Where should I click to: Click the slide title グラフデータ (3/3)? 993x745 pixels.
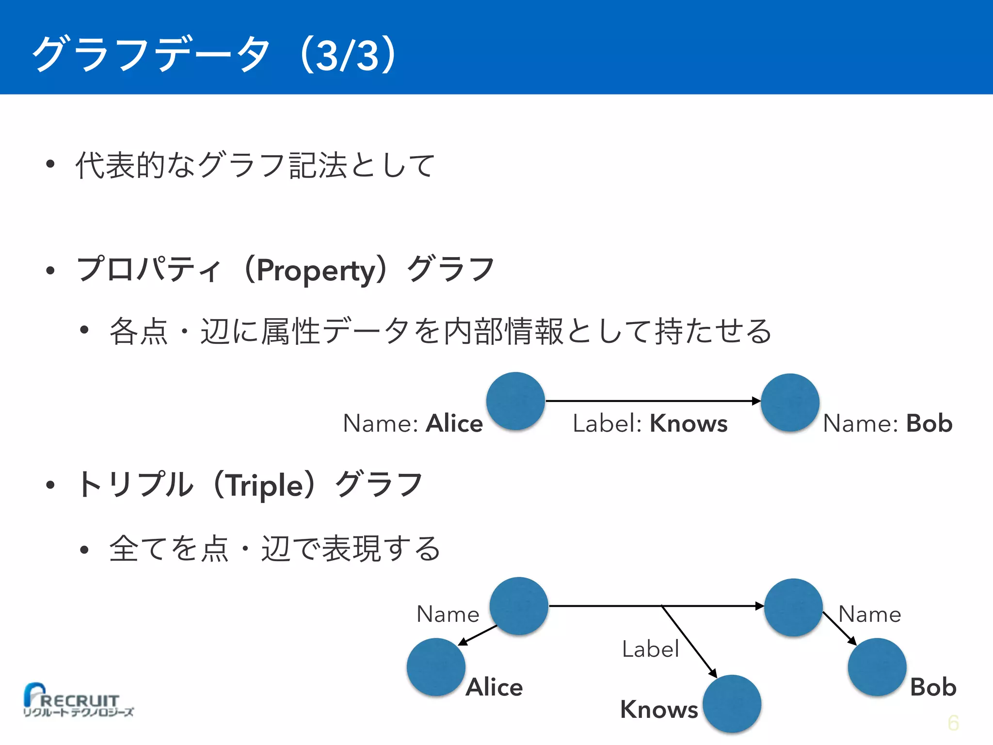(x=216, y=54)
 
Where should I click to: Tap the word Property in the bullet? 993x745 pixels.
(x=316, y=271)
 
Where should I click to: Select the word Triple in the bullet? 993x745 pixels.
(x=265, y=485)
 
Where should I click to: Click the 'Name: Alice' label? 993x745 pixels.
(x=413, y=423)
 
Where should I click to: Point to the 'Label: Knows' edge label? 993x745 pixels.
(x=650, y=423)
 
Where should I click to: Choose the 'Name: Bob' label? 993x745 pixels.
(x=887, y=423)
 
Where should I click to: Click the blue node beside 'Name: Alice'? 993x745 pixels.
(x=515, y=401)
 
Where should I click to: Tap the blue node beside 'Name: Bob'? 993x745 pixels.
(x=790, y=402)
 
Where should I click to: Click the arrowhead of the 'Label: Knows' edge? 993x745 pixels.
(x=756, y=401)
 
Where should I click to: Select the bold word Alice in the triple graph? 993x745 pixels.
(x=494, y=687)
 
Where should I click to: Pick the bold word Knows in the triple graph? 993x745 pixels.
(x=659, y=710)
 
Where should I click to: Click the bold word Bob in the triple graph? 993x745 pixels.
(x=933, y=687)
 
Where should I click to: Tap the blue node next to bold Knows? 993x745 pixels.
(x=732, y=704)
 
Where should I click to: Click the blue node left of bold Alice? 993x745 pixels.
(x=436, y=667)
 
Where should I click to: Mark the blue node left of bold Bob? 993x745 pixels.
(x=877, y=667)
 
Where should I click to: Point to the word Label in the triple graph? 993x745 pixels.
(x=650, y=649)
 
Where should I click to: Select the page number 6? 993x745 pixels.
(x=953, y=723)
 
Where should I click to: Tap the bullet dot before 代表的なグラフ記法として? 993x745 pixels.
(x=50, y=164)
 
